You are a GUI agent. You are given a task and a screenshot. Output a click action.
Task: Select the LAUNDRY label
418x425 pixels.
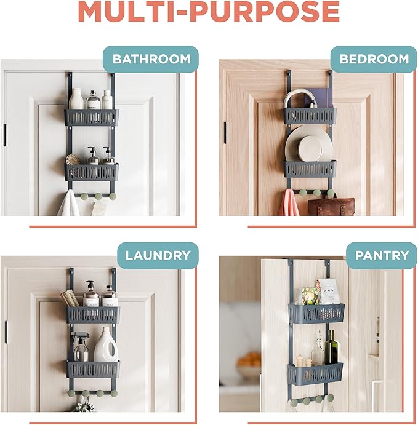tap(158, 255)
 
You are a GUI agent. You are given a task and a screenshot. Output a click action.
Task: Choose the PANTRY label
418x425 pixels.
tap(377, 255)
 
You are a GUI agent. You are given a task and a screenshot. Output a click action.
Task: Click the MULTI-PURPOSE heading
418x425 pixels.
tap(209, 12)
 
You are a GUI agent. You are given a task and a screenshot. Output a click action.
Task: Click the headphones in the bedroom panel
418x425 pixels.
tap(300, 98)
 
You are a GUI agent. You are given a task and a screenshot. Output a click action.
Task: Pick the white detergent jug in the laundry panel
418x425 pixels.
tap(106, 346)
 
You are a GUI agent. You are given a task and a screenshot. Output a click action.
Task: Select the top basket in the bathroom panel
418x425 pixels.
tap(92, 117)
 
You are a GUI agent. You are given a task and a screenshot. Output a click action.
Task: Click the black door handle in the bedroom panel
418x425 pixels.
tap(225, 132)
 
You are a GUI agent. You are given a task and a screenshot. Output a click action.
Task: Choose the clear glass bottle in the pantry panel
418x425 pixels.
tap(318, 351)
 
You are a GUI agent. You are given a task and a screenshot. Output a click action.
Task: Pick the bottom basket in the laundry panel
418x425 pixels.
tap(93, 369)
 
